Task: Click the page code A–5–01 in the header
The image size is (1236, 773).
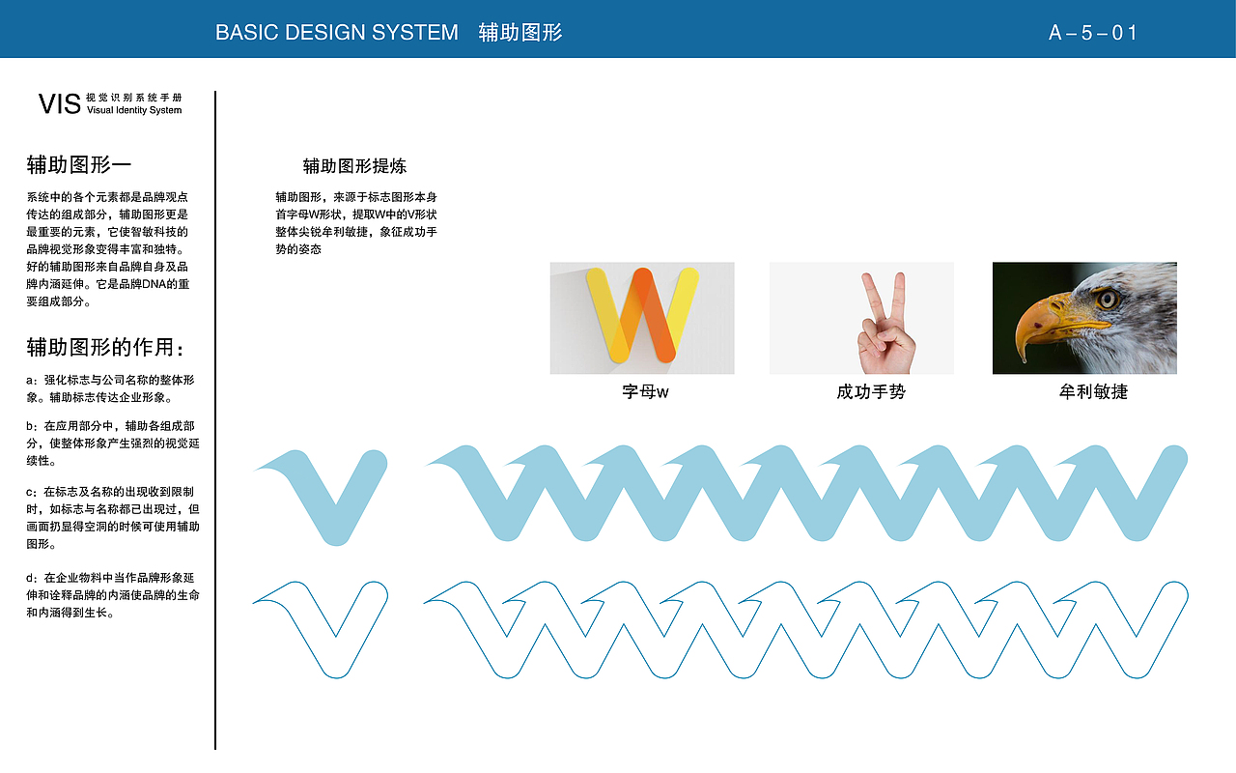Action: [1092, 33]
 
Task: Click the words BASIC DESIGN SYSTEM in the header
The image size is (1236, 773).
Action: [337, 33]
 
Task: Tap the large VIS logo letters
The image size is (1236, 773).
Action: [60, 104]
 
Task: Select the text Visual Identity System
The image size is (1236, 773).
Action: [134, 110]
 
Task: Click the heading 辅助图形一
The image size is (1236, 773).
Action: [79, 164]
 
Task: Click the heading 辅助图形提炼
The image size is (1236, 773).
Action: [354, 165]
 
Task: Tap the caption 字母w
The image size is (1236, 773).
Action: [645, 391]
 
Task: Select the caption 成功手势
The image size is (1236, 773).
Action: [871, 391]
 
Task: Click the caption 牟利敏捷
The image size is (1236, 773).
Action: [1093, 391]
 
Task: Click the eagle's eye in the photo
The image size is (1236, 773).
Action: [1107, 299]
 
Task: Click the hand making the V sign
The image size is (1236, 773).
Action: [885, 326]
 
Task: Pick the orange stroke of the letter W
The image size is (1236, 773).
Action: [654, 313]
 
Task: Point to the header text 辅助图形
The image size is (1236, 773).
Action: [520, 33]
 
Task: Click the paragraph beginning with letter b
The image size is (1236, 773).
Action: [113, 443]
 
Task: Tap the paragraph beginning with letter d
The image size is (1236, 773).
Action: [113, 594]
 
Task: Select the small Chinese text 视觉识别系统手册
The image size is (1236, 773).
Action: [134, 98]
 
